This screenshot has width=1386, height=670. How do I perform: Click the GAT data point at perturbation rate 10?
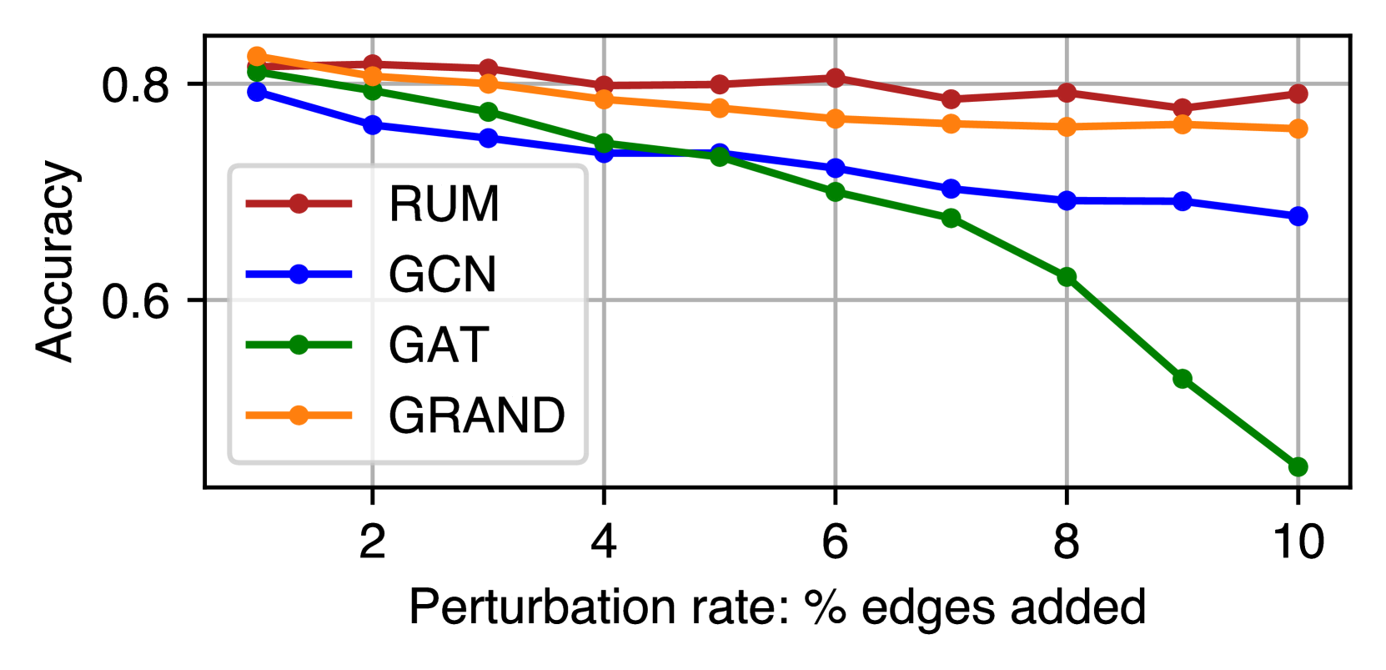[1298, 466]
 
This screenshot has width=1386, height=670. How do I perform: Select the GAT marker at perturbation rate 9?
[1182, 379]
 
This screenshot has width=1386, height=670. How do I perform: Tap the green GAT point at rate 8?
[1067, 276]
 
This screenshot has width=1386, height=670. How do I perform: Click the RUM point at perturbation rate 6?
[835, 78]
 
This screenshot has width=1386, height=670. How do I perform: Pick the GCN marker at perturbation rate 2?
[372, 125]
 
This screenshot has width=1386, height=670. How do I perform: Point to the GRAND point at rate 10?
[1298, 128]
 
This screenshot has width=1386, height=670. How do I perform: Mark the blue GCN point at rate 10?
[1298, 216]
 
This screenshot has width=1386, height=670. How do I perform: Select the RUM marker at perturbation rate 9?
[1182, 108]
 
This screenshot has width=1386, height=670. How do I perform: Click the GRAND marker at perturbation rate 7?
[951, 123]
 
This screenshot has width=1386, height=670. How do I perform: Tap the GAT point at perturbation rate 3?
[488, 112]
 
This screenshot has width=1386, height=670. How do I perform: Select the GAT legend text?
[438, 345]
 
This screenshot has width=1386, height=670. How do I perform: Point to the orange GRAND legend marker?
[299, 415]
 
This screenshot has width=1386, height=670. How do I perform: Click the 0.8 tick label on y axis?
[135, 85]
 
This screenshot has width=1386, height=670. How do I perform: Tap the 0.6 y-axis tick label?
[135, 301]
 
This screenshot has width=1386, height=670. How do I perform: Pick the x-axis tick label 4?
[603, 542]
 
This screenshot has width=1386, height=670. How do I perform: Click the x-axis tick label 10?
[1298, 542]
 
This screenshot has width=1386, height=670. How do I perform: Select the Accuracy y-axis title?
[57, 261]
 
